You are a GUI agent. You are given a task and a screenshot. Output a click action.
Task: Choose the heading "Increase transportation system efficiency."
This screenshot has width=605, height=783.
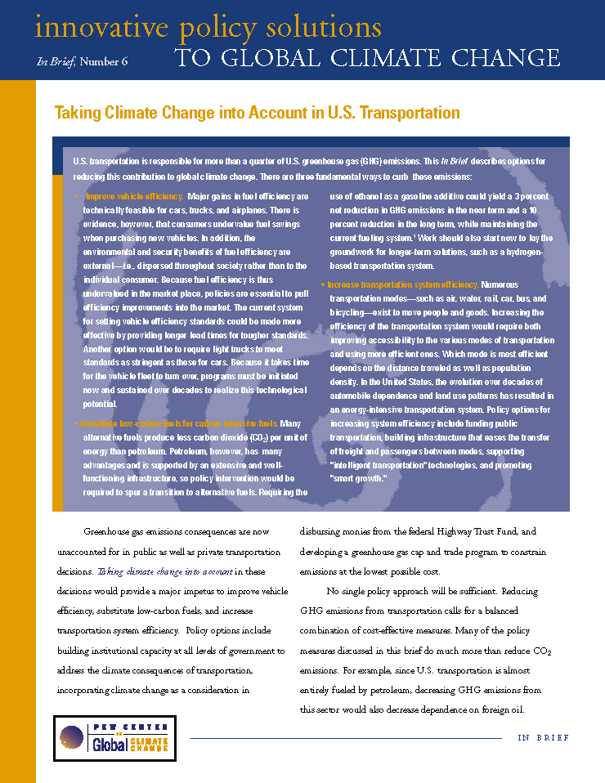pyautogui.click(x=403, y=284)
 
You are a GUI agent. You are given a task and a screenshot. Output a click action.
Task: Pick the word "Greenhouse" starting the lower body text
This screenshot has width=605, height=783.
pyautogui.click(x=110, y=532)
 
